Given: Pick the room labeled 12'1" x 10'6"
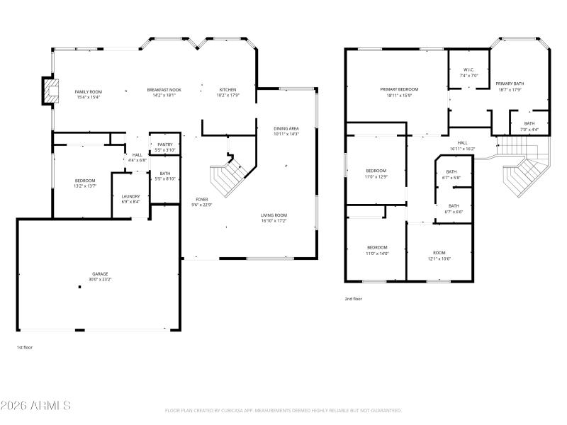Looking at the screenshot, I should click(x=439, y=256).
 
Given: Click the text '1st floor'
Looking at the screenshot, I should click(x=25, y=347).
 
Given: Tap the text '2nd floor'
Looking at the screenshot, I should click(x=353, y=299).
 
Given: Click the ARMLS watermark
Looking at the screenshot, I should click(x=35, y=406).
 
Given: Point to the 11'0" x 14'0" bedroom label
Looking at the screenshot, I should click(x=376, y=250).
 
